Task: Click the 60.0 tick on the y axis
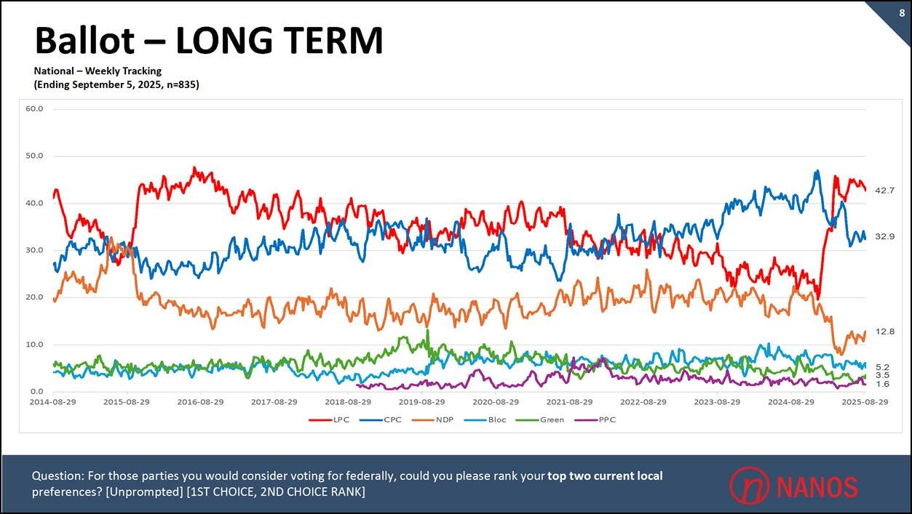pyautogui.click(x=34, y=109)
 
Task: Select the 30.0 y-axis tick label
pyautogui.click(x=34, y=250)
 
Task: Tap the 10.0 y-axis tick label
pyautogui.click(x=34, y=345)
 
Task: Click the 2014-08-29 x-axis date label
pyautogui.click(x=53, y=401)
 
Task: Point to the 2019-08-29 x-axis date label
pyautogui.click(x=422, y=401)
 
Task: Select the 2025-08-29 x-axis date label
pyautogui.click(x=865, y=401)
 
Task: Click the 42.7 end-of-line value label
pyautogui.click(x=884, y=190)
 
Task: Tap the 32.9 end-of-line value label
pyautogui.click(x=884, y=236)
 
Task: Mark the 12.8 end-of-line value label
pyautogui.click(x=884, y=332)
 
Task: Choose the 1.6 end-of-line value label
pyautogui.click(x=882, y=384)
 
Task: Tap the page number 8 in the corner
pyautogui.click(x=902, y=12)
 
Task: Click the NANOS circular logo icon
pyautogui.click(x=749, y=485)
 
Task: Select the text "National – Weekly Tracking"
pyautogui.click(x=98, y=71)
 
